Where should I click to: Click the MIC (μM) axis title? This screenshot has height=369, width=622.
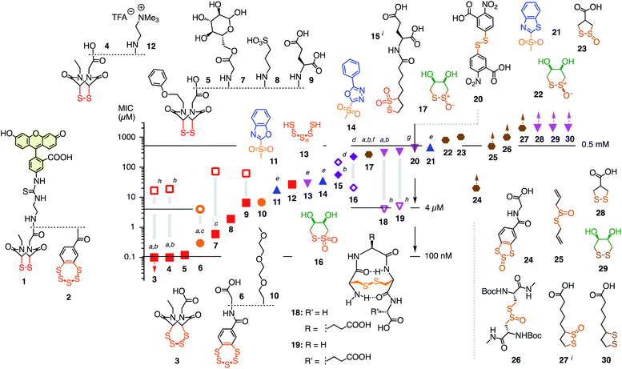click(x=127, y=108)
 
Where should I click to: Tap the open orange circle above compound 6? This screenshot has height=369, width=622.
click(x=200, y=210)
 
